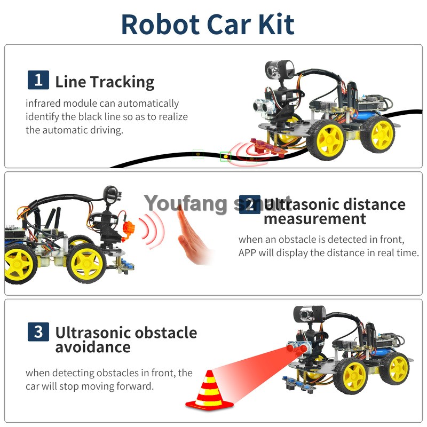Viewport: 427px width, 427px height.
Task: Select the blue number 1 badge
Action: click(x=38, y=80)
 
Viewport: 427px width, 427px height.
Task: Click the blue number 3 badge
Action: click(x=38, y=331)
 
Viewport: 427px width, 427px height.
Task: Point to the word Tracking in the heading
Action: click(x=122, y=83)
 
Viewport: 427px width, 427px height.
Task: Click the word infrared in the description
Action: click(x=43, y=103)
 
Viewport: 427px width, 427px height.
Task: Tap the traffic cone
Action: click(x=209, y=390)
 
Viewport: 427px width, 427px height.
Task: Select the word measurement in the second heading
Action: click(x=315, y=219)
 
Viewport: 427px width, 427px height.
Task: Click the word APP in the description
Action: click(x=247, y=252)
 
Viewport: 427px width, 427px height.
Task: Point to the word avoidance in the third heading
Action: click(x=93, y=347)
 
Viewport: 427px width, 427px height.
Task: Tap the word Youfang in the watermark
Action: click(x=185, y=203)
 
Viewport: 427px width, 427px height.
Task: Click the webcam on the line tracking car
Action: click(x=279, y=69)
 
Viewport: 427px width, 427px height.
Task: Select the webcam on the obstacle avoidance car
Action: click(x=310, y=313)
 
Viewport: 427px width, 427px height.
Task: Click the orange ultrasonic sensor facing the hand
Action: click(x=129, y=229)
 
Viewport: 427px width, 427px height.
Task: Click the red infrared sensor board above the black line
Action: click(x=268, y=148)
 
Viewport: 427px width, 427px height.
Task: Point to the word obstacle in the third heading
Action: click(x=166, y=333)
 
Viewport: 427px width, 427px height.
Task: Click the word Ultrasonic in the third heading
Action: click(x=93, y=333)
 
